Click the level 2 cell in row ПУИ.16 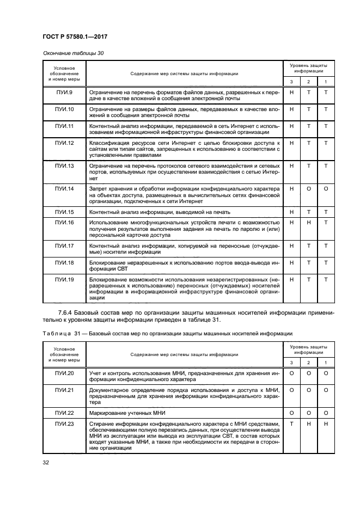click(309, 223)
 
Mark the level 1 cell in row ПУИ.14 click(326, 188)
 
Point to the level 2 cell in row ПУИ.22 click(309, 413)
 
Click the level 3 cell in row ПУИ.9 click(291, 93)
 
